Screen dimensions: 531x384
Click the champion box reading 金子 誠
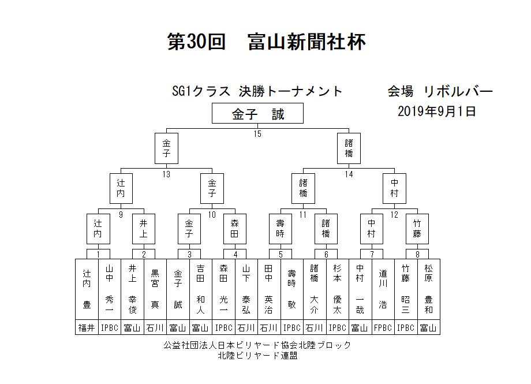pos(257,113)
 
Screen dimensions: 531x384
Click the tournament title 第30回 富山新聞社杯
pos(267,42)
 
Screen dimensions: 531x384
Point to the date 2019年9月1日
pos(437,111)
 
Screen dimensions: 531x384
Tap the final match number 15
pos(257,134)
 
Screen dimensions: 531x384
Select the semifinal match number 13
pos(166,174)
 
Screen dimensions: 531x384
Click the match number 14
pos(349,174)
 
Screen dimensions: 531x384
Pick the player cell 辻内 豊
pos(87,289)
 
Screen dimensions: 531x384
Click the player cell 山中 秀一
pos(110,289)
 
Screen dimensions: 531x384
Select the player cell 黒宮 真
pos(155,289)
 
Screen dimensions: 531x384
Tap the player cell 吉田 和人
pos(200,289)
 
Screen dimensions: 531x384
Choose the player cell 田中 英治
pos(269,289)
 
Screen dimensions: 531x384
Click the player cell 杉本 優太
pos(337,289)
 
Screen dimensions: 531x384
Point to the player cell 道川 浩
pos(383,289)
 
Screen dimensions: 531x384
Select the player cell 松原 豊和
pos(429,289)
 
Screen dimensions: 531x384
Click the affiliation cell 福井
pos(87,327)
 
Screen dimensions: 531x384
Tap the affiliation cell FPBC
pos(383,327)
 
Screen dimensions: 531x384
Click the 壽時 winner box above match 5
pos(281,229)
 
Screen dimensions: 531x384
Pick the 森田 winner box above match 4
pos(235,229)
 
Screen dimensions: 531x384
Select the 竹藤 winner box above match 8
pos(417,229)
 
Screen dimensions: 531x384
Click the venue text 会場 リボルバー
pos(440,91)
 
